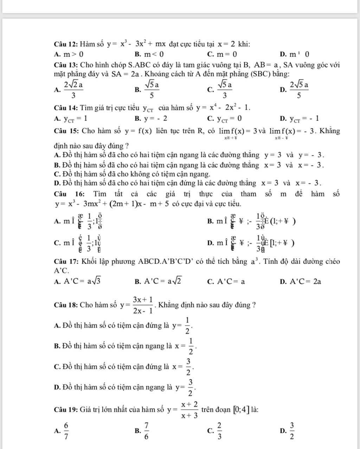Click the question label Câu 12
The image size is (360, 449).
(66, 44)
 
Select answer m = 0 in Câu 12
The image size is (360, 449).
(226, 54)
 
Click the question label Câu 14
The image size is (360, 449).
(66, 108)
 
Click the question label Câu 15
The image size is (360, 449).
(66, 131)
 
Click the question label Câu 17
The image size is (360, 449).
(66, 262)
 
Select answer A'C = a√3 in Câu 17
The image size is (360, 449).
(83, 281)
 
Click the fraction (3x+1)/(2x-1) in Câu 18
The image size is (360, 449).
(143, 305)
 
